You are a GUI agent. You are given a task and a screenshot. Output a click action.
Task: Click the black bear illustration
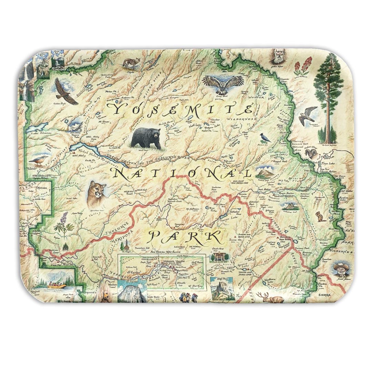146,138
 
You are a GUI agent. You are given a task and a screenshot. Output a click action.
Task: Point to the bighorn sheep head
311,153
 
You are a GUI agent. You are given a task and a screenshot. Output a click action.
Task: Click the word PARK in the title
184,237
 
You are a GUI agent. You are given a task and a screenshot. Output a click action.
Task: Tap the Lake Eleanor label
41,132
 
